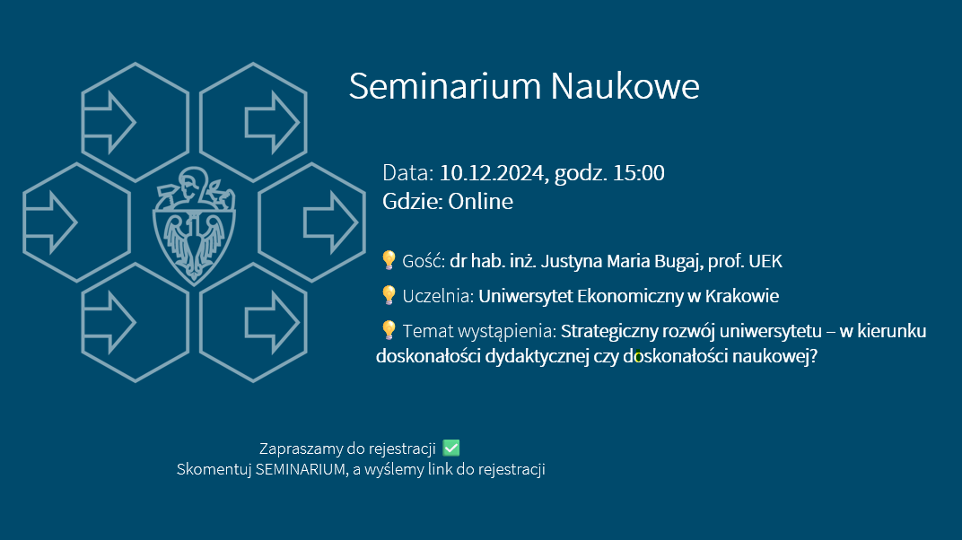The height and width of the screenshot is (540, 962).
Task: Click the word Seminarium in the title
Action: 445,86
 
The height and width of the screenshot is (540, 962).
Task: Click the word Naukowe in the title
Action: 625,86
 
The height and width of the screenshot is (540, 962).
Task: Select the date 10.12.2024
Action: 492,173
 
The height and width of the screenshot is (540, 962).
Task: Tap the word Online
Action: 480,201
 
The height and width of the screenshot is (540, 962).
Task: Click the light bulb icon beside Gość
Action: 389,260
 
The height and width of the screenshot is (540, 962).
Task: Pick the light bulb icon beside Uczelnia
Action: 389,295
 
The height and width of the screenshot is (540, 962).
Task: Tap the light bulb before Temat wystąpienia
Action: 389,330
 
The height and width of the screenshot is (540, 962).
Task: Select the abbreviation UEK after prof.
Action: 765,261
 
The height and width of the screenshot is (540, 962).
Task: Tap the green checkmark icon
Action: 450,449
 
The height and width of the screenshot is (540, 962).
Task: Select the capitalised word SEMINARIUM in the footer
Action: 301,469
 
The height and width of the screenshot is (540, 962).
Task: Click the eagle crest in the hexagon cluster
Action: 194,225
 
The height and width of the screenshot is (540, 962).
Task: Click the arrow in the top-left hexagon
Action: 109,123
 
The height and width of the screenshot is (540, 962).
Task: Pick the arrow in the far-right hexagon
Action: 330,222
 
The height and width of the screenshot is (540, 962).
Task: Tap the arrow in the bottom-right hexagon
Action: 273,322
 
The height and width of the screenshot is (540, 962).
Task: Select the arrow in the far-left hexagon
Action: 50,222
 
